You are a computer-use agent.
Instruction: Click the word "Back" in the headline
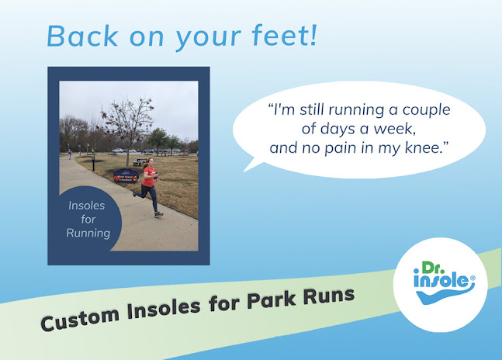point(82,36)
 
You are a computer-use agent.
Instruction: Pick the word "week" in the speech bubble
point(394,129)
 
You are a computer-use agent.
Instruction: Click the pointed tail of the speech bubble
point(245,171)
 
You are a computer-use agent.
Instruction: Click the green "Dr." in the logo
point(431,268)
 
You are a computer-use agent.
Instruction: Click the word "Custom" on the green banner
point(80,318)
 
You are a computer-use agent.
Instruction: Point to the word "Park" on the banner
point(272,299)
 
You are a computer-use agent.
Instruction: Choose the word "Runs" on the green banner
point(329,295)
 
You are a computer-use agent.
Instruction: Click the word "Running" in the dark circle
point(88,233)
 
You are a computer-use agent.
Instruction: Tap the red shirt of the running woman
point(148,177)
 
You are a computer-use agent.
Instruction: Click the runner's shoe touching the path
point(158,214)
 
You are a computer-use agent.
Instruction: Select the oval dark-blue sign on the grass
point(126,175)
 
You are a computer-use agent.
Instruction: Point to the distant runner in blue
point(70,154)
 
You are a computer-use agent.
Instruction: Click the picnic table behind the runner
point(140,162)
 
